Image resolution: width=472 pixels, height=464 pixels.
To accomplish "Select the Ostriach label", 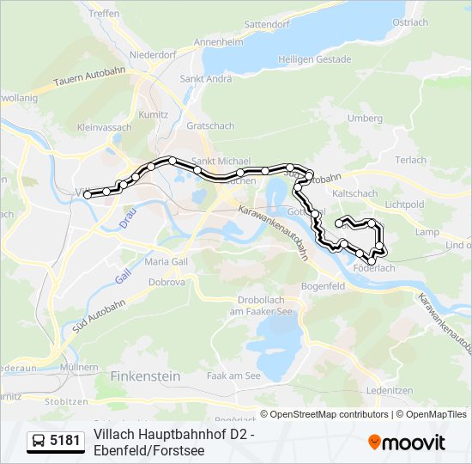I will (409, 22).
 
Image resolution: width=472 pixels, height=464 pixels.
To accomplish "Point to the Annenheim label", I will (218, 41).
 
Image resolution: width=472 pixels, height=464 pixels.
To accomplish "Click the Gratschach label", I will (210, 125).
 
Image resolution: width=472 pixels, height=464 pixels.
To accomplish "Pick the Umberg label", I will (365, 118).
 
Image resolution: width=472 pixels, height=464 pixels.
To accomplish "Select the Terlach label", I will (411, 160).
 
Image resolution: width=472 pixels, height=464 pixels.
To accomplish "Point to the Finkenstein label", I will (145, 375).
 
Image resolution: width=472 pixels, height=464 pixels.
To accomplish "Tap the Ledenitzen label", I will (389, 390).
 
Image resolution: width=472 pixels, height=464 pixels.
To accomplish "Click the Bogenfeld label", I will (324, 285).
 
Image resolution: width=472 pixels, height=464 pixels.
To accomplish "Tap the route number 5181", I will (65, 442).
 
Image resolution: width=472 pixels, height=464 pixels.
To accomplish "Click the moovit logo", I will (407, 442).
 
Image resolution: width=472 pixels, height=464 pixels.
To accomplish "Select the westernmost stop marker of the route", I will (88, 195).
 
